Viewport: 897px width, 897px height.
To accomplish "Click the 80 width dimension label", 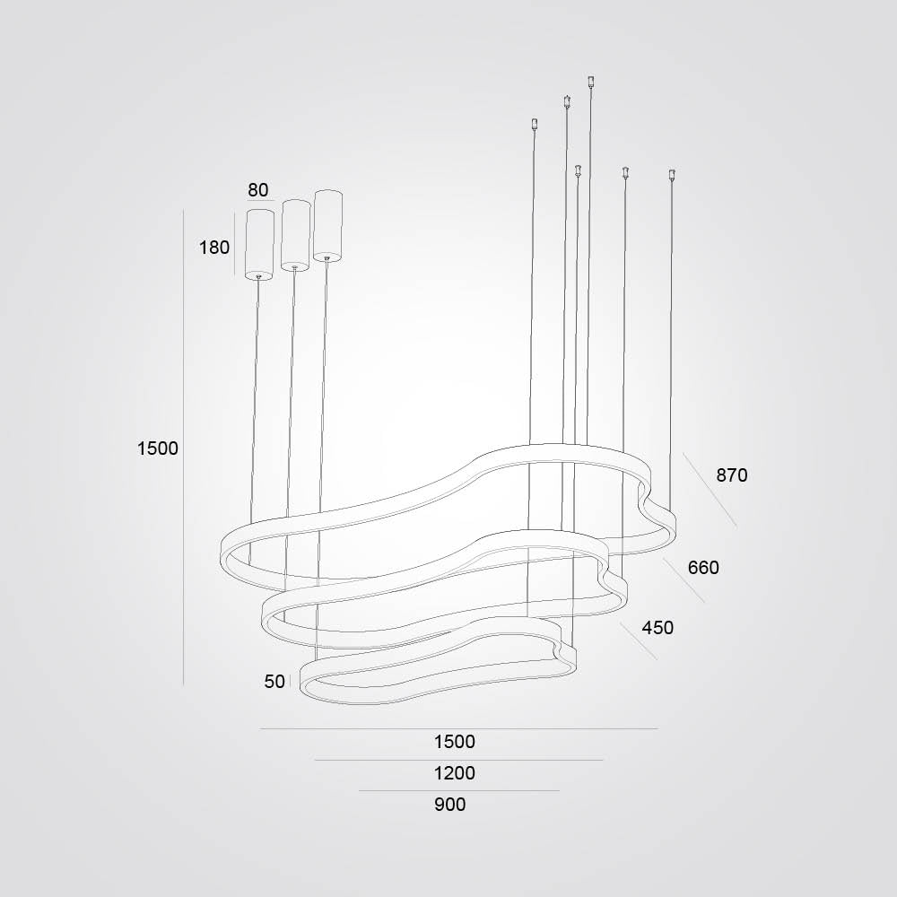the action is click(x=258, y=190).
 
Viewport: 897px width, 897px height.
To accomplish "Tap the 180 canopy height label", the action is click(x=214, y=248).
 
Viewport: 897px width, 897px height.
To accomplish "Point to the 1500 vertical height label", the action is click(x=157, y=448).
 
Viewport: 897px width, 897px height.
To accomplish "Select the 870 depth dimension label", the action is click(x=732, y=475).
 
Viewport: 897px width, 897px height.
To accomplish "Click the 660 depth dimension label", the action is click(x=703, y=568).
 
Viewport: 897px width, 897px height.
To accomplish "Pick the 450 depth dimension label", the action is click(x=658, y=628).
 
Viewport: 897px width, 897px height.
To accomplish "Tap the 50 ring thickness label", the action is click(x=274, y=682).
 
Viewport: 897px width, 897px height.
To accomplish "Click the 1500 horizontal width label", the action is click(x=454, y=742).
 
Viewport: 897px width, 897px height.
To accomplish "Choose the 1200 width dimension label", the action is click(x=454, y=773).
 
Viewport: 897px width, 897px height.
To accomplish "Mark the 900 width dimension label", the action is click(x=449, y=805).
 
